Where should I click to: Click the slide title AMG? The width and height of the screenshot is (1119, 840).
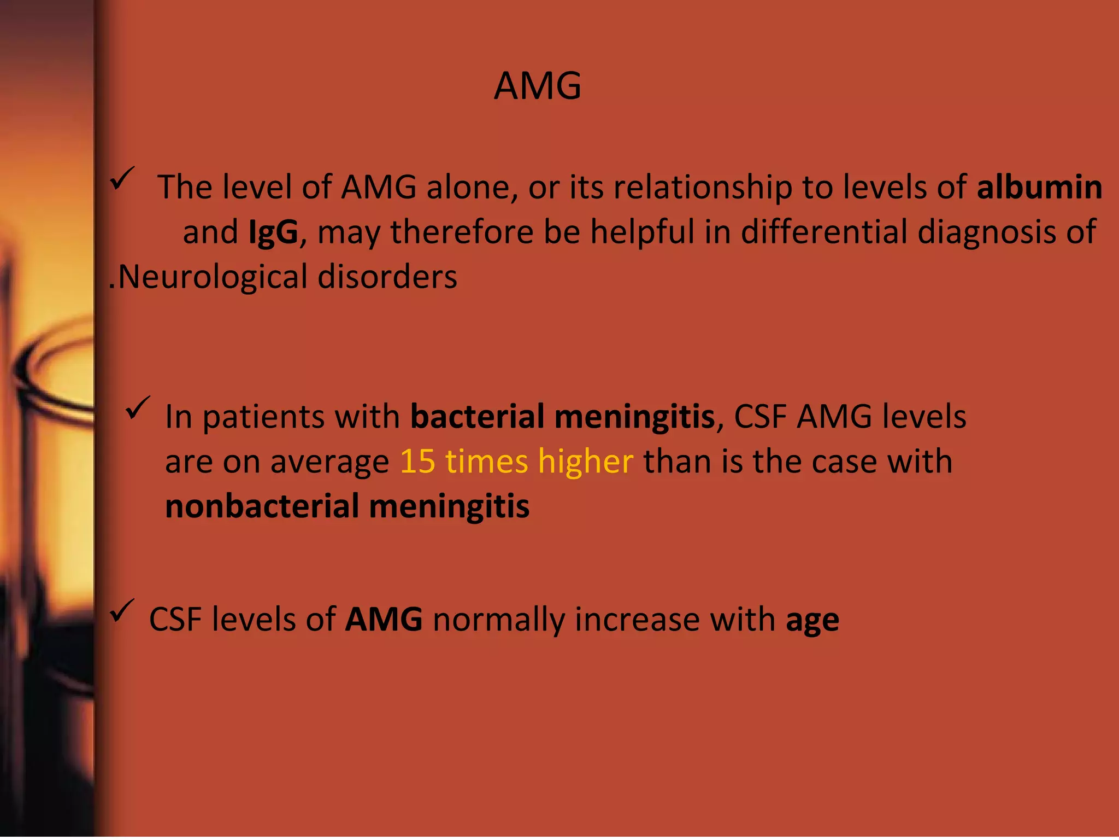click(538, 86)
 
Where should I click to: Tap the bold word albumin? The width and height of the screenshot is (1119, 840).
click(1039, 187)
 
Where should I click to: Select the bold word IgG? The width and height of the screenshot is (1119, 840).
click(273, 232)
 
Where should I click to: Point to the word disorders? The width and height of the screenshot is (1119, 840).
click(387, 277)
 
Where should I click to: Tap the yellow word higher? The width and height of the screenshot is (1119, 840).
click(585, 462)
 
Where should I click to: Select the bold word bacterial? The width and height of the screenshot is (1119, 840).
click(478, 416)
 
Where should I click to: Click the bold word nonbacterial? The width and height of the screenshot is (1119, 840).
click(262, 506)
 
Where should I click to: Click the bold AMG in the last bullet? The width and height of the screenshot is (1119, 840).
click(384, 620)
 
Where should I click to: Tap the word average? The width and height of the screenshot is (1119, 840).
click(329, 462)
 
